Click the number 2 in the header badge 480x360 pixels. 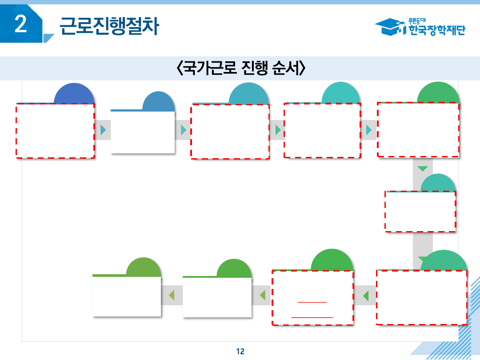click(21, 24)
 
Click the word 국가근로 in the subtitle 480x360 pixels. click(204, 68)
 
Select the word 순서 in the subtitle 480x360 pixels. click(283, 68)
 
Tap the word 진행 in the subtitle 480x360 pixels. click(247, 68)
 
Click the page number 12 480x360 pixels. click(240, 351)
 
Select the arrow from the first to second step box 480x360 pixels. click(103, 130)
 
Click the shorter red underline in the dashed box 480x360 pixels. click(312, 302)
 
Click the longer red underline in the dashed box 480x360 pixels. click(312, 317)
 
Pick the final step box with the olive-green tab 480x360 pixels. click(127, 296)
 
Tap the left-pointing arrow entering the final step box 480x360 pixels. click(171, 295)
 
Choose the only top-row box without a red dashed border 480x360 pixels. click(143, 132)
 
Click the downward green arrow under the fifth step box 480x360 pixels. click(423, 168)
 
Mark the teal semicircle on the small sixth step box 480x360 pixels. click(438, 183)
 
